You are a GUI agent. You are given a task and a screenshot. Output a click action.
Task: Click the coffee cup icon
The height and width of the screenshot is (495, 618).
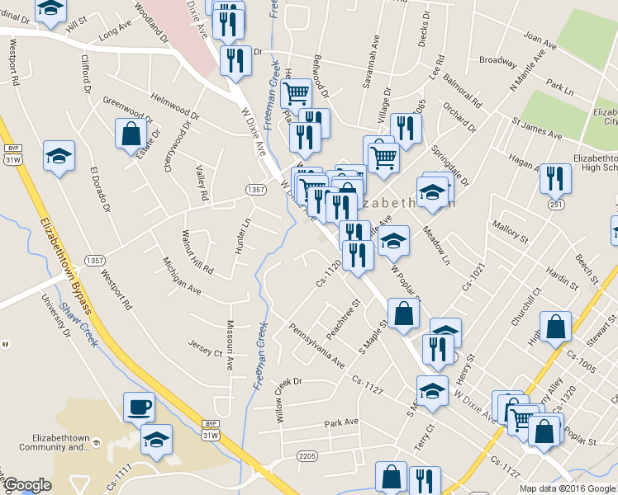(x=139, y=407)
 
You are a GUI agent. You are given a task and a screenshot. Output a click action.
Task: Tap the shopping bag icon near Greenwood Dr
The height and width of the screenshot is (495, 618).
(x=131, y=134)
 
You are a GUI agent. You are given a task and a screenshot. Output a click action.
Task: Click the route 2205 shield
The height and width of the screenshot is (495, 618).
(x=307, y=455)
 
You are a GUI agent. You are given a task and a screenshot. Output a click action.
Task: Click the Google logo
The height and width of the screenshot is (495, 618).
(x=27, y=486)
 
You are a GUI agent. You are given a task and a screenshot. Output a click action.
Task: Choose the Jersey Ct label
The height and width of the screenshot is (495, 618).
(x=206, y=348)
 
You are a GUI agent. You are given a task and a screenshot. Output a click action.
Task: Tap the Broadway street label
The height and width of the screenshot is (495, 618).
(x=498, y=60)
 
